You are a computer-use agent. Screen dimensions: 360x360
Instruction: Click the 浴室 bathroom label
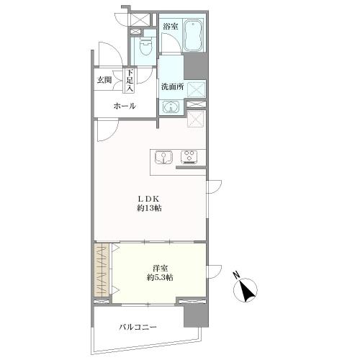click(x=171, y=27)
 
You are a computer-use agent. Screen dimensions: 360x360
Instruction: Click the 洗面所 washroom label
click(x=172, y=87)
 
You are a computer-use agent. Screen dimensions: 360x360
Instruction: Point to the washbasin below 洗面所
click(x=171, y=106)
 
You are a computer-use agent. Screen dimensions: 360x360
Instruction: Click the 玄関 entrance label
click(x=104, y=80)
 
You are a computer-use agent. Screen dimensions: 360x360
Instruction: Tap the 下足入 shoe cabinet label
click(x=130, y=81)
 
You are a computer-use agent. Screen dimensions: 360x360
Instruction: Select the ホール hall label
click(x=125, y=106)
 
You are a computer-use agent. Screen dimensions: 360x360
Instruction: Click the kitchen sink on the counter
click(x=163, y=157)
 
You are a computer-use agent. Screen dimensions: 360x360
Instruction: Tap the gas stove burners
click(x=189, y=157)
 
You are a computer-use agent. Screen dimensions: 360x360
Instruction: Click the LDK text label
click(x=148, y=199)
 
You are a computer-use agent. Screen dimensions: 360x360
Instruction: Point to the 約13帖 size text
click(x=149, y=208)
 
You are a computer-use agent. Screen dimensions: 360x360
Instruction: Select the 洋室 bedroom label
click(x=160, y=268)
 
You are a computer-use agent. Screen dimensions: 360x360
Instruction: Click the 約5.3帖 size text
click(x=160, y=278)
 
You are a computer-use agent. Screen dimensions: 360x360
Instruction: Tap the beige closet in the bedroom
click(x=102, y=271)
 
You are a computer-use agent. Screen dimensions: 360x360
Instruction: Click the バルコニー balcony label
click(x=138, y=327)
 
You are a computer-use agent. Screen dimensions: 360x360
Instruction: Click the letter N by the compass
click(x=237, y=275)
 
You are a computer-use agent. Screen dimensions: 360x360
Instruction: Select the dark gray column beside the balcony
click(x=196, y=315)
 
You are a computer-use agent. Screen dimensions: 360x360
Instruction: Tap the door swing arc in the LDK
click(x=111, y=136)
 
